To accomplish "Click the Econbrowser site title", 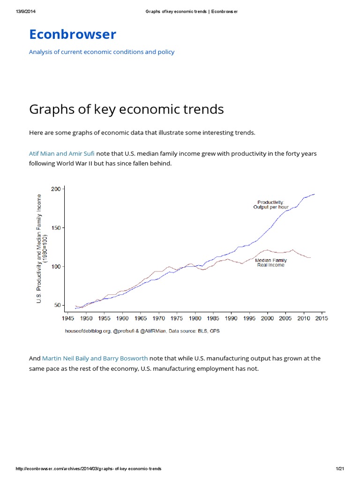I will tap(73, 34).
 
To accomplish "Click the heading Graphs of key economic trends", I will tap(126, 109).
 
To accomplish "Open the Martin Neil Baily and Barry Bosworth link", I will tap(95, 358).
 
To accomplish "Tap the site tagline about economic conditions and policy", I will tap(102, 52).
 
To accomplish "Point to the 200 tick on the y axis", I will tap(55, 189).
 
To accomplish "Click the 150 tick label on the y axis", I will tap(55, 228).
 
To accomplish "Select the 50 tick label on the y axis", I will tap(57, 305).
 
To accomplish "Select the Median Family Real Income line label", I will tap(270, 262).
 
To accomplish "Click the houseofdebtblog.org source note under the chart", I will tap(142, 331).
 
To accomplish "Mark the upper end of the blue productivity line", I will tap(314, 194).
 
